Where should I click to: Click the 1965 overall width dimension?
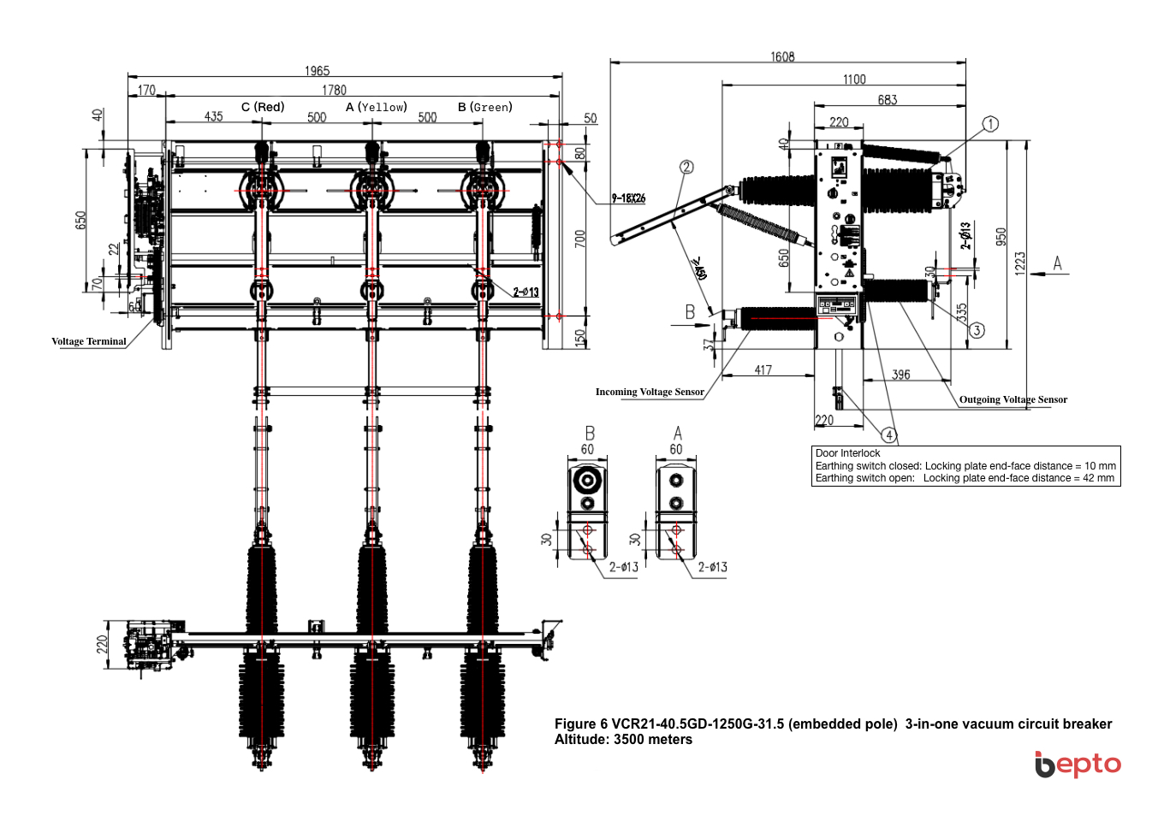coord(317,71)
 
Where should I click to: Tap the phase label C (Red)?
coord(263,107)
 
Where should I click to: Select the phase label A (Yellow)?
coord(377,107)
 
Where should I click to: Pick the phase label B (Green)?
coord(485,107)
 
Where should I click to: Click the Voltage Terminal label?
coord(89,341)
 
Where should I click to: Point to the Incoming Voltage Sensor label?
coord(650,392)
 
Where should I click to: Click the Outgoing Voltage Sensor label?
coord(1013,399)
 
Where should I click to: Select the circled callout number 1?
coord(990,124)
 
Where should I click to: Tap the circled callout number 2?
coord(686,167)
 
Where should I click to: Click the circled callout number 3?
coord(977,330)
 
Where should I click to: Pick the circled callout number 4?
coord(889,435)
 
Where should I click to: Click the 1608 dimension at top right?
coord(782,57)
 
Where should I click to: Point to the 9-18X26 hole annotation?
coord(628,198)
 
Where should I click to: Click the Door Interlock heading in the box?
coord(847,453)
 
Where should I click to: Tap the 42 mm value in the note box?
coord(1098,478)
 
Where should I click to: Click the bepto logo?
coord(1078,764)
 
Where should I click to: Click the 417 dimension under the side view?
coord(763,370)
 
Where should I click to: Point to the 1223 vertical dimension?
coord(1019,263)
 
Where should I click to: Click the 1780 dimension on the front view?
coord(334,90)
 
